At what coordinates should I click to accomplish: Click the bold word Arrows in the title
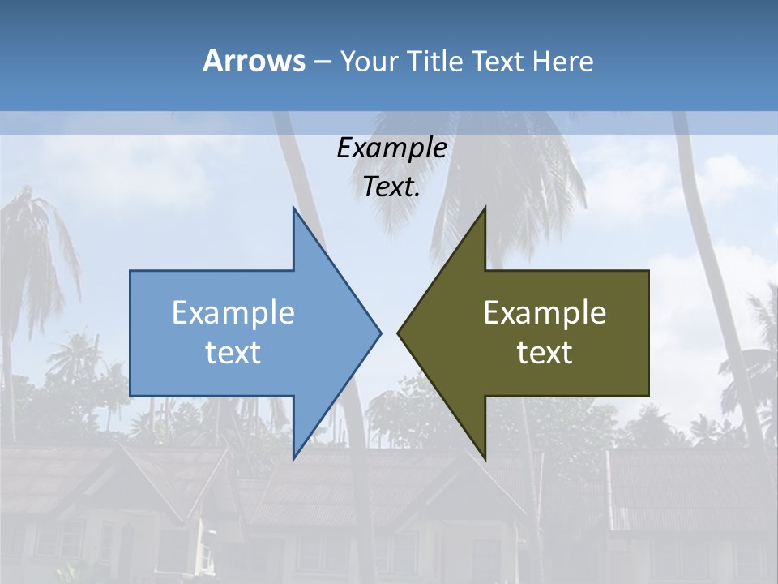pyautogui.click(x=254, y=61)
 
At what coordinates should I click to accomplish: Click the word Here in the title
pyautogui.click(x=563, y=61)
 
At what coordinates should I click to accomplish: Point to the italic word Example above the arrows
pyautogui.click(x=391, y=148)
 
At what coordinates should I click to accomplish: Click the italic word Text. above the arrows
pyautogui.click(x=391, y=187)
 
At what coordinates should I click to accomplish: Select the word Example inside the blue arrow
pyautogui.click(x=233, y=313)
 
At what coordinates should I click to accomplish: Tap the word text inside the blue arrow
pyautogui.click(x=233, y=353)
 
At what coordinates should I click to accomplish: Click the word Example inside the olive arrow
pyautogui.click(x=545, y=313)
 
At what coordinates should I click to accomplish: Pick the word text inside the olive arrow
pyautogui.click(x=545, y=353)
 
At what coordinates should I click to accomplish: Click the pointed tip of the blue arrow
pyautogui.click(x=381, y=333)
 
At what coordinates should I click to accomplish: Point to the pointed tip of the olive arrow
pyautogui.click(x=398, y=333)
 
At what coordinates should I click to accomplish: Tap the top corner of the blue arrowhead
pyautogui.click(x=293, y=208)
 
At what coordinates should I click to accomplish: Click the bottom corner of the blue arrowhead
pyautogui.click(x=293, y=459)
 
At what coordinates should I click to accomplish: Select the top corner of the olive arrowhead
pyautogui.click(x=485, y=208)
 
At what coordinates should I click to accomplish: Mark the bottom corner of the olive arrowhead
pyautogui.click(x=485, y=459)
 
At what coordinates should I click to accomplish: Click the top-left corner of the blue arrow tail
pyautogui.click(x=130, y=271)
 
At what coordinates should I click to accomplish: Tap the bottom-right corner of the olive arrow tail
pyautogui.click(x=648, y=396)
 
